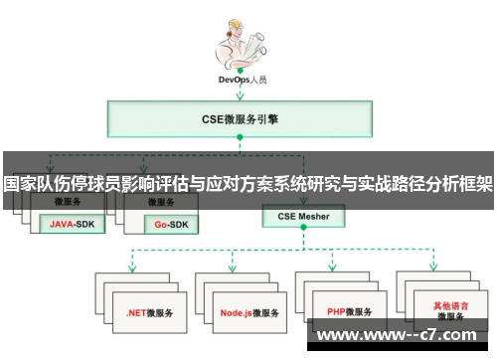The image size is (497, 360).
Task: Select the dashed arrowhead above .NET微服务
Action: click(x=132, y=267)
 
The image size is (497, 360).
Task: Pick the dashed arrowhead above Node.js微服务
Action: click(x=232, y=267)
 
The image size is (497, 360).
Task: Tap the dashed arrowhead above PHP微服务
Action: click(x=333, y=267)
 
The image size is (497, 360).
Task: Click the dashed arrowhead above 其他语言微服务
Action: click(x=434, y=267)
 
